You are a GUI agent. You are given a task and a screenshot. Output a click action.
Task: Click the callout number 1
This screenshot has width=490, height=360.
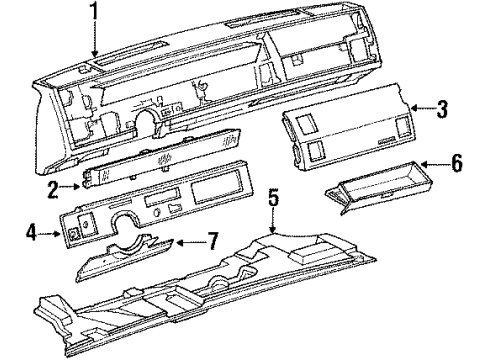(x=95, y=13)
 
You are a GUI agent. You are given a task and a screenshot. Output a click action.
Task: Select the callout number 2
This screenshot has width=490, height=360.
(x=62, y=187)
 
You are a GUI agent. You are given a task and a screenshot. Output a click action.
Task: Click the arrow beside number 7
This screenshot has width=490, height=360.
(x=178, y=241)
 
